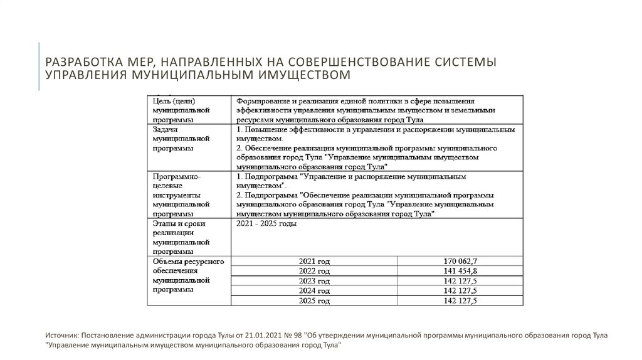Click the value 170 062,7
[x=460, y=261]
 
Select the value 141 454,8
[x=460, y=271]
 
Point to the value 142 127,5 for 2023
[x=460, y=281]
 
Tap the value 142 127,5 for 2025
[x=460, y=301]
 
